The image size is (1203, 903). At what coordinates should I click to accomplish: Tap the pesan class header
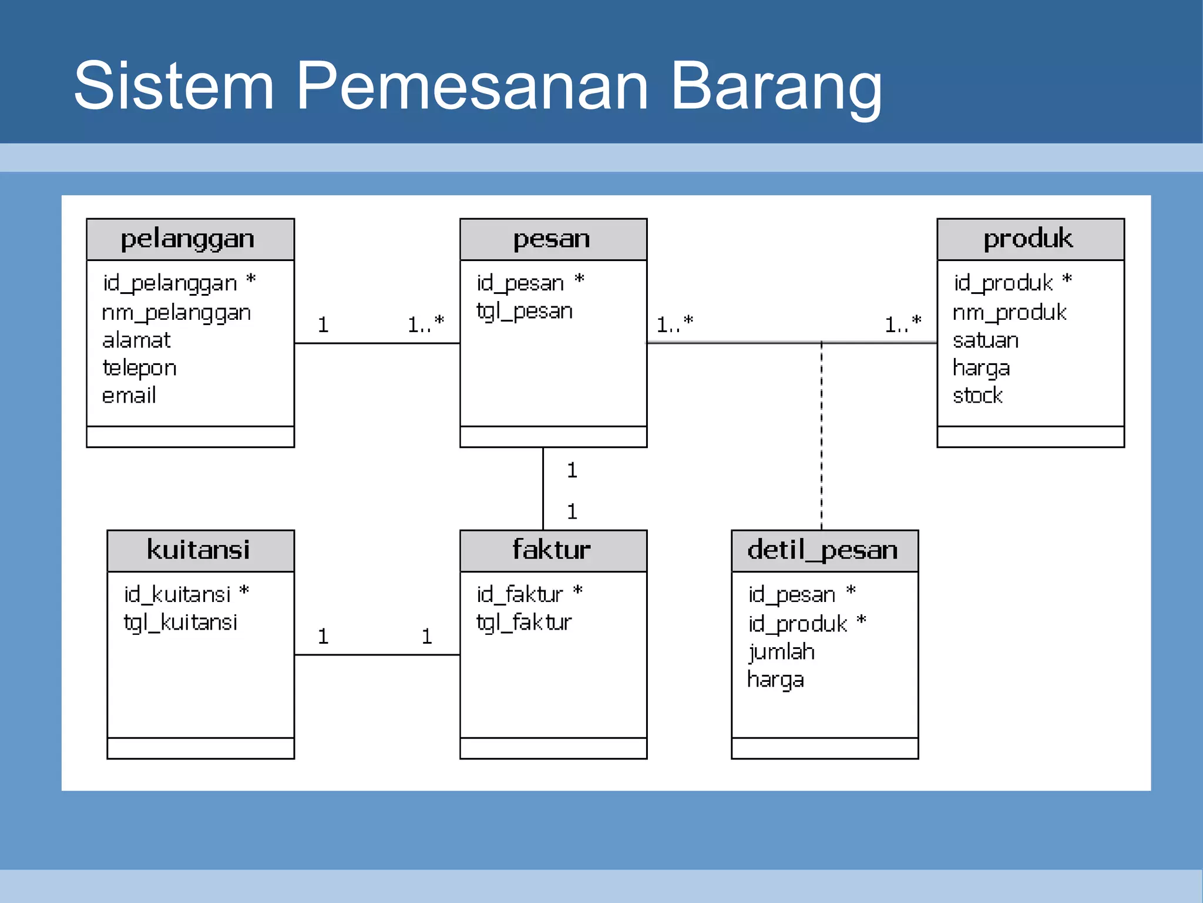(553, 239)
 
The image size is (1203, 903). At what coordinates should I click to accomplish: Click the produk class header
(1030, 239)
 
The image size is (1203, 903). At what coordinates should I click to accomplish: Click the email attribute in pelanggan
(129, 396)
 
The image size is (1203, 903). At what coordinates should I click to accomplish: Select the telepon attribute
(140, 368)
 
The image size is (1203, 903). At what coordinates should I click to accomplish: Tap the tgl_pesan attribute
(525, 311)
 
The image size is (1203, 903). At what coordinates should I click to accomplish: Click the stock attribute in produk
(977, 396)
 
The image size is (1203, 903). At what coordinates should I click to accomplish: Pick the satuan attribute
(986, 340)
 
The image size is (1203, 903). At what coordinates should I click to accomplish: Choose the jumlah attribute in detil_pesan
(781, 652)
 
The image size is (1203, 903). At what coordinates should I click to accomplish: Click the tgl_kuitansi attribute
(180, 623)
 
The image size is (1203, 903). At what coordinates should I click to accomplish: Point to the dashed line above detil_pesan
(821, 435)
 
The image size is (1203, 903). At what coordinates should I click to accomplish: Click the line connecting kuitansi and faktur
(377, 654)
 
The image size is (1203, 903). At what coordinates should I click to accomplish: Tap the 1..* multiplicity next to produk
(903, 324)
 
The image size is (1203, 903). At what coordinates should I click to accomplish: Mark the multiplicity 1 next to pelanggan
(323, 325)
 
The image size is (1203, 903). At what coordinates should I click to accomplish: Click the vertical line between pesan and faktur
(543, 488)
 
